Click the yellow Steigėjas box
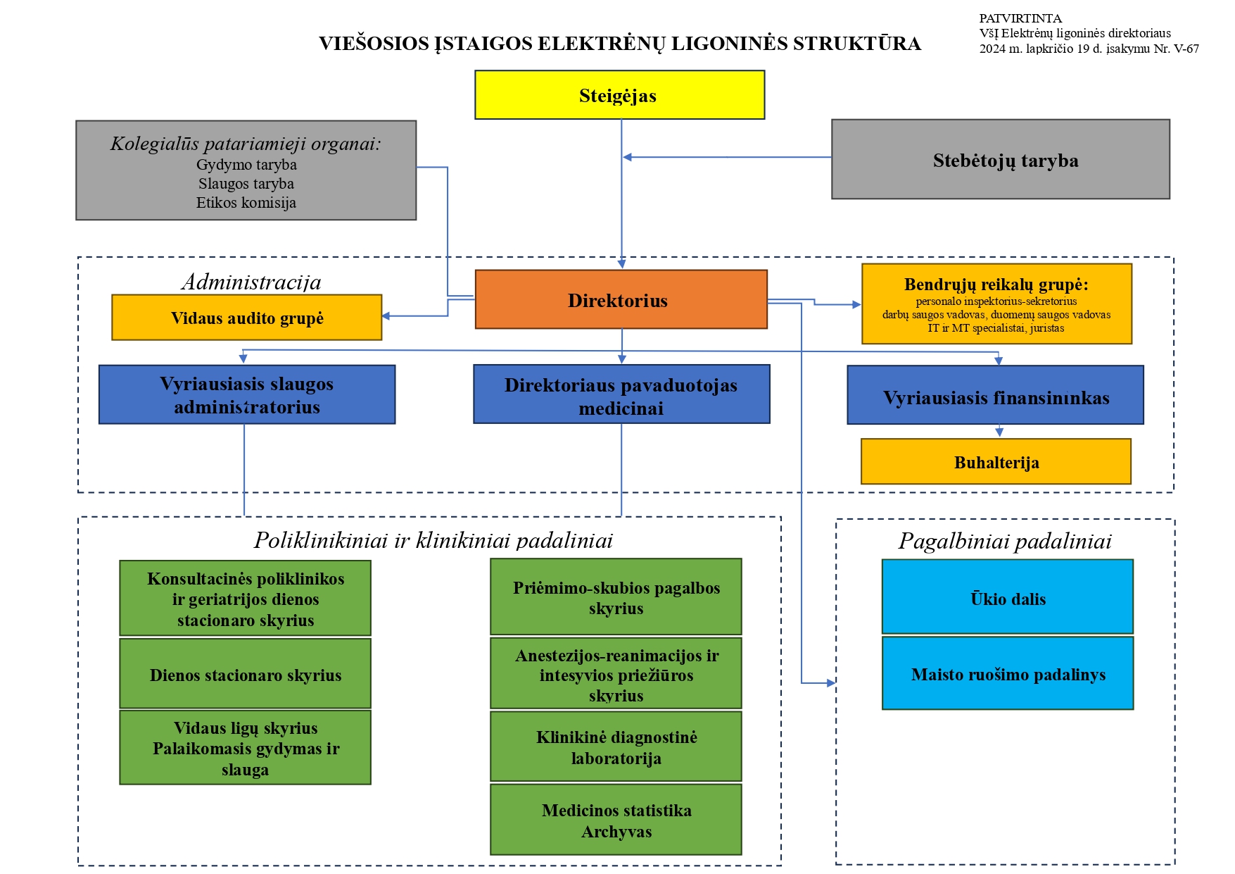(619, 95)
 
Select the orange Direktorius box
(621, 299)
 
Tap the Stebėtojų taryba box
(1001, 159)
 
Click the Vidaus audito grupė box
(247, 318)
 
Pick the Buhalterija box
(996, 461)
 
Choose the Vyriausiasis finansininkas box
(995, 394)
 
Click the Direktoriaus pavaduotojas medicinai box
(621, 394)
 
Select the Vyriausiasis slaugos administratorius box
(247, 394)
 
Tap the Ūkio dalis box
(1008, 597)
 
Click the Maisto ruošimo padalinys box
(1008, 673)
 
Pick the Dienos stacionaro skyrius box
(245, 673)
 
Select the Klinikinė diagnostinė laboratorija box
(616, 747)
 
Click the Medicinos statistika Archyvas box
(616, 820)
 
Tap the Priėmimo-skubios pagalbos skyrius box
(616, 597)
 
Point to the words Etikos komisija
(246, 203)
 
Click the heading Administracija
(251, 282)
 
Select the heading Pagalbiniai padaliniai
(1005, 541)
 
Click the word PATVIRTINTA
(1020, 18)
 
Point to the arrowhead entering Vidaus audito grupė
(386, 316)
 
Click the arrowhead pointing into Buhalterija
(999, 432)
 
